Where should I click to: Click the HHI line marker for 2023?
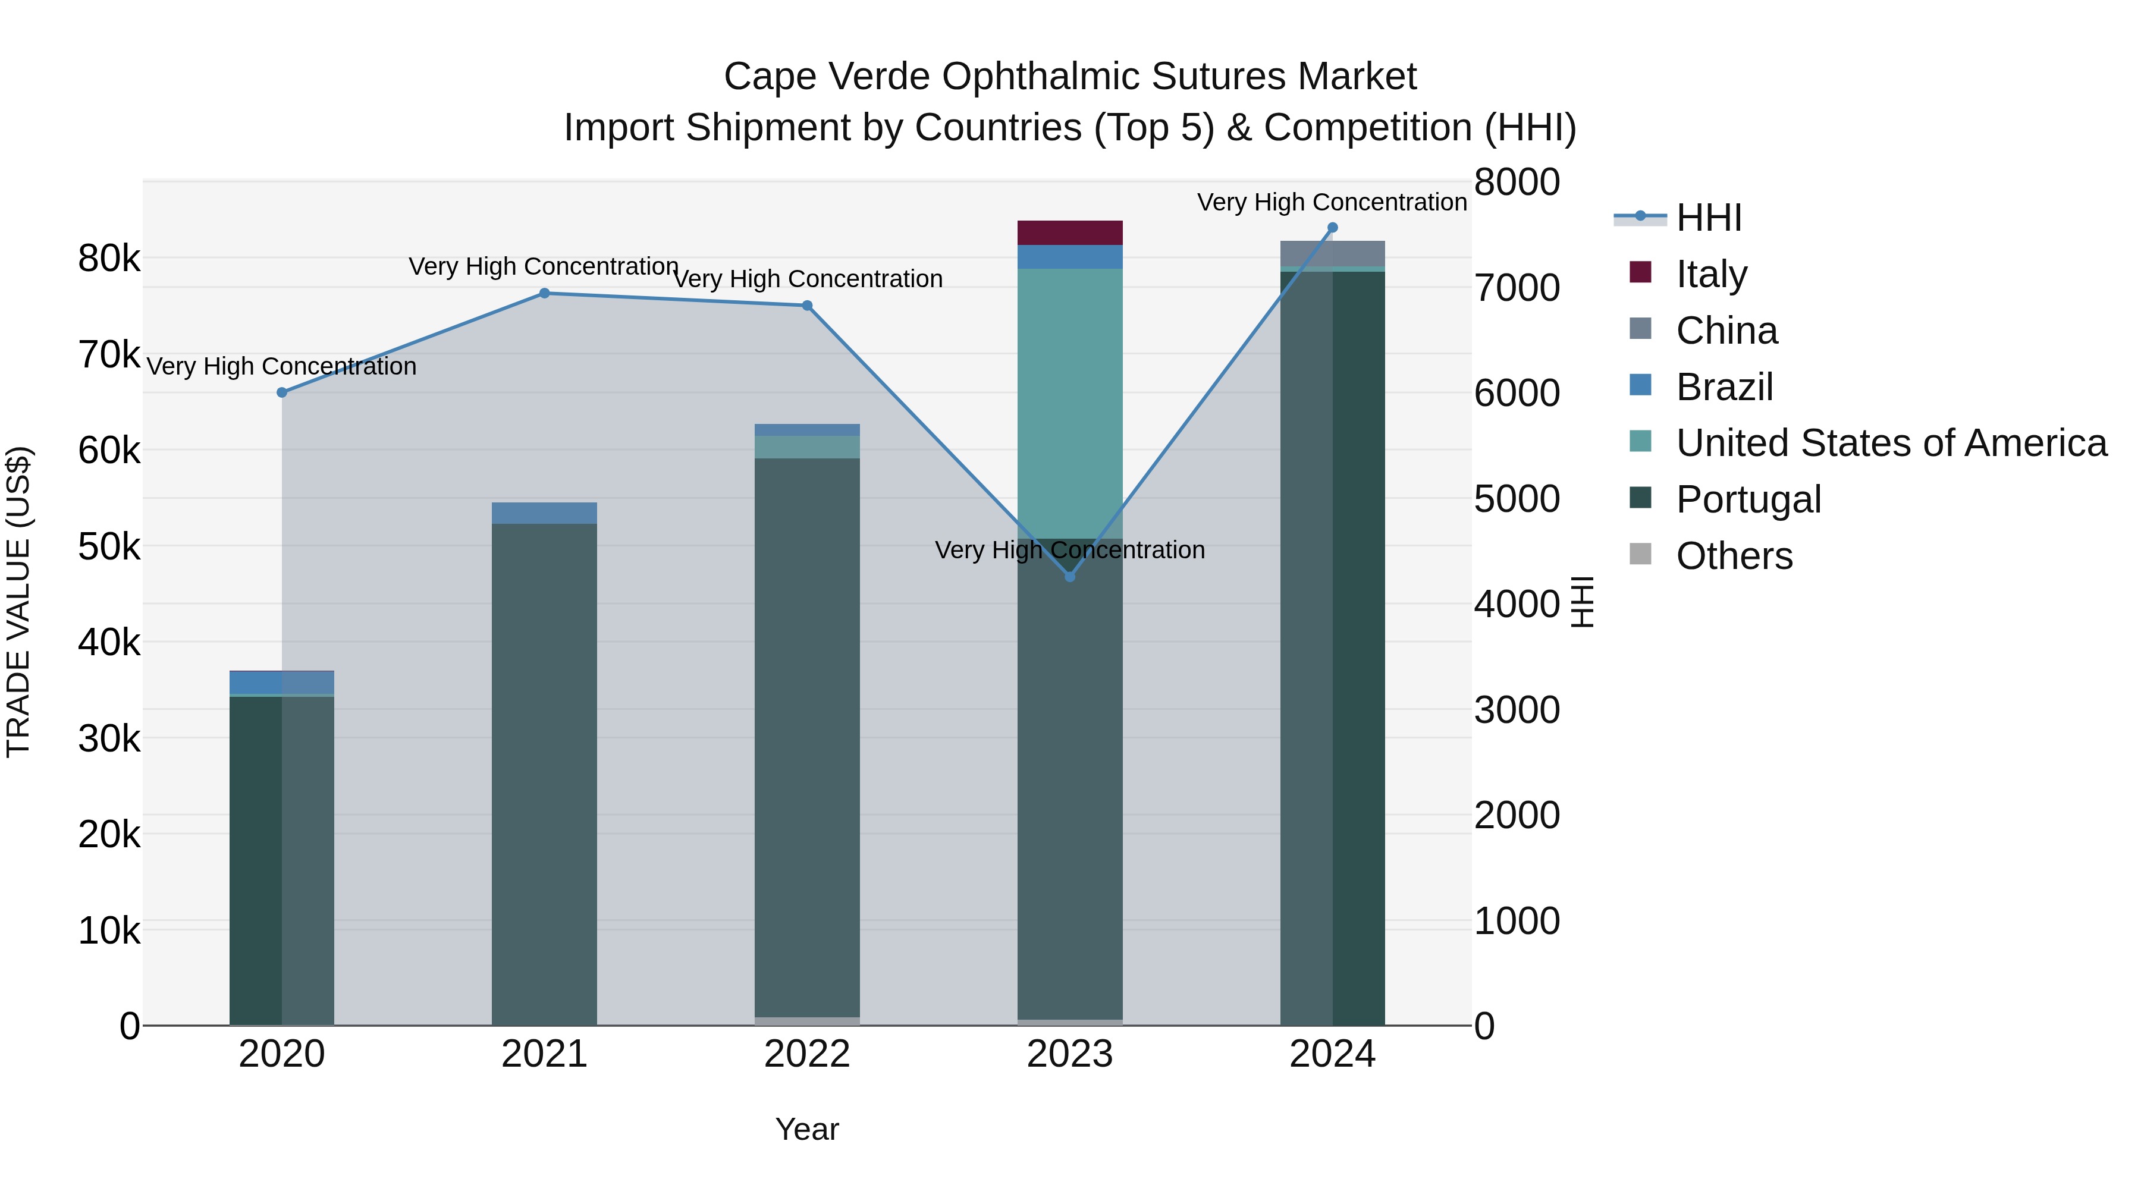coord(1070,577)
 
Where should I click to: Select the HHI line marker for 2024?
coord(1332,228)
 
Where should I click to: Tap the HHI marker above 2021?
coord(544,293)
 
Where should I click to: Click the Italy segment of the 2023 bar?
coord(1070,232)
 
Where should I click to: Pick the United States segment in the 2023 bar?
coord(1070,403)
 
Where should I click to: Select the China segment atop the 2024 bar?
coord(1332,253)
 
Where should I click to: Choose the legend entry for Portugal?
coord(1748,499)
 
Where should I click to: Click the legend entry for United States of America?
coord(1891,443)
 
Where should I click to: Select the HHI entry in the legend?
coord(1709,218)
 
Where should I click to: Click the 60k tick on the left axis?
coord(109,451)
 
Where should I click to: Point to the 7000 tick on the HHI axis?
coord(1517,288)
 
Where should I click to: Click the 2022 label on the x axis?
coord(807,1054)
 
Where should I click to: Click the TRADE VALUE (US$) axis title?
coord(19,602)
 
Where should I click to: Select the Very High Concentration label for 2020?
coord(282,366)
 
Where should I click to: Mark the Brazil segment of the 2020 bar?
coord(282,682)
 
